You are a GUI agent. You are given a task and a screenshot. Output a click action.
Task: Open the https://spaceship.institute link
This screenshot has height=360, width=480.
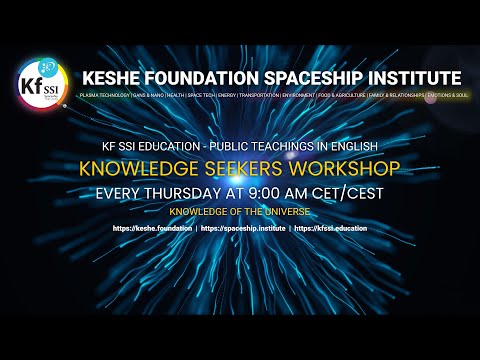tap(243, 230)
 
